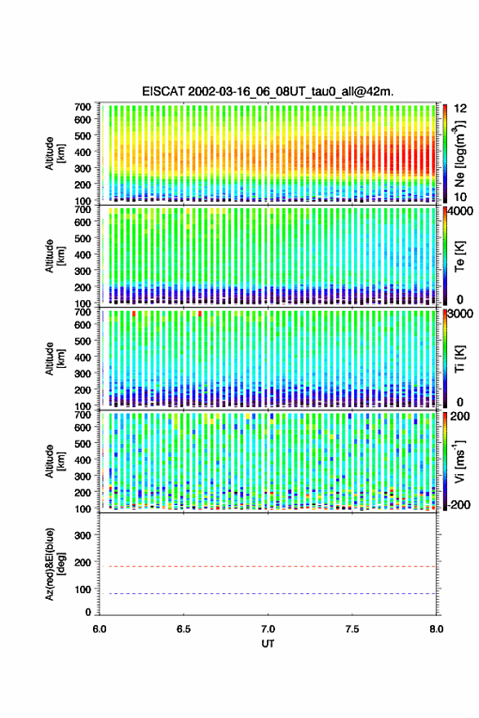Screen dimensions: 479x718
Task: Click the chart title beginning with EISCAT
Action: pos(268,91)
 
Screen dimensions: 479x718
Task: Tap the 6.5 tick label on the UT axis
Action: pos(184,629)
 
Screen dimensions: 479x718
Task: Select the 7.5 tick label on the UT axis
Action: pos(352,629)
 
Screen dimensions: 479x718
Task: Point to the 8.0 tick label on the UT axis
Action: pos(437,629)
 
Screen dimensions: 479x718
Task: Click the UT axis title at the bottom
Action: pos(268,644)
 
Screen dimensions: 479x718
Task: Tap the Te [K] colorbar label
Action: pos(459,256)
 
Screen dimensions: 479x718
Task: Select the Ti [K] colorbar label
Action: pos(459,358)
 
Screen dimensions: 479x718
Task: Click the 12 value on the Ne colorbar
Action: pos(460,109)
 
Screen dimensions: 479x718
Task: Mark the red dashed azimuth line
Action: pos(268,566)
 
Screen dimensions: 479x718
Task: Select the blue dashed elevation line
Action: pos(268,593)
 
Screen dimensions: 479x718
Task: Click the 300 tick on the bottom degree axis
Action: pos(83,535)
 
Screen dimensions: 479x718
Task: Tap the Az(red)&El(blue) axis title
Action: pos(55,564)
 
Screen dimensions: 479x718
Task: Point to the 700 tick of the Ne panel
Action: pos(83,107)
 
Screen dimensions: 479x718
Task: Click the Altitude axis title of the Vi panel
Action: pos(55,461)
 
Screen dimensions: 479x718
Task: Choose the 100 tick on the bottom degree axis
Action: pos(83,589)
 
